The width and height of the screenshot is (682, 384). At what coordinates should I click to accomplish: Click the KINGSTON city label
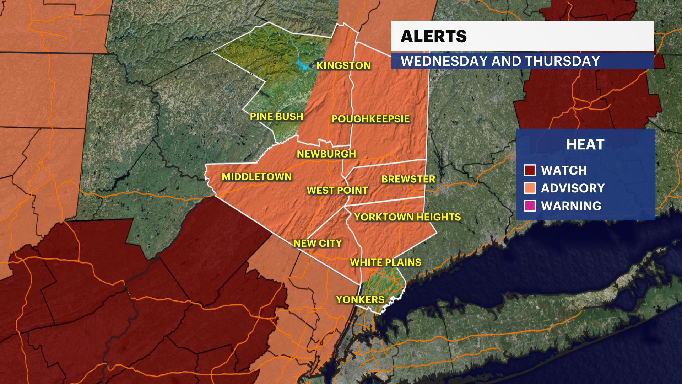point(343,65)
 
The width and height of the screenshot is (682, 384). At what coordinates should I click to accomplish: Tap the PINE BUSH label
point(276,117)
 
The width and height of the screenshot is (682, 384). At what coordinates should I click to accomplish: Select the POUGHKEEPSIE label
point(370,119)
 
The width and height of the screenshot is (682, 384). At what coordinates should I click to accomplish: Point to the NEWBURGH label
point(326,154)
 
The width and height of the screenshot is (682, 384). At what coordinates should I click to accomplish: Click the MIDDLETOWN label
point(256,177)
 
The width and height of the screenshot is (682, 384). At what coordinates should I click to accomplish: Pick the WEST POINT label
point(337,191)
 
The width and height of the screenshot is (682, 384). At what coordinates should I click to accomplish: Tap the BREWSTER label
point(408,179)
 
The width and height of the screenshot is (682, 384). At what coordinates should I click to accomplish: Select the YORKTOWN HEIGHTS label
point(407,217)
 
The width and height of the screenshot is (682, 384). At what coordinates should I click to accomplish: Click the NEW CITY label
point(317,243)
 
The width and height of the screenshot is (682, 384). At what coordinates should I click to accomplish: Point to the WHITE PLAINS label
point(385,262)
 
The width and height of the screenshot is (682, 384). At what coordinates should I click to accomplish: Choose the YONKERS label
point(360,300)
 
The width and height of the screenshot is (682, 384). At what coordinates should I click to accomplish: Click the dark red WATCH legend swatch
point(530,170)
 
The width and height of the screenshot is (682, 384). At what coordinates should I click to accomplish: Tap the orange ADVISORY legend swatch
point(530,188)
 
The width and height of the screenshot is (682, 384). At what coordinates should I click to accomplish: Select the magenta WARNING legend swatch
point(530,206)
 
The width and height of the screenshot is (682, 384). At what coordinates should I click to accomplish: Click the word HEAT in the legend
point(585,145)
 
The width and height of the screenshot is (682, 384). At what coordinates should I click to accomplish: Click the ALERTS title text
point(433,36)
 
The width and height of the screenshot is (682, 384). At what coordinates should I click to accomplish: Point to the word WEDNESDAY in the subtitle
point(444,61)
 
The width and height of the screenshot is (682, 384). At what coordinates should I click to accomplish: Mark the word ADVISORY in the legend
point(573,188)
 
